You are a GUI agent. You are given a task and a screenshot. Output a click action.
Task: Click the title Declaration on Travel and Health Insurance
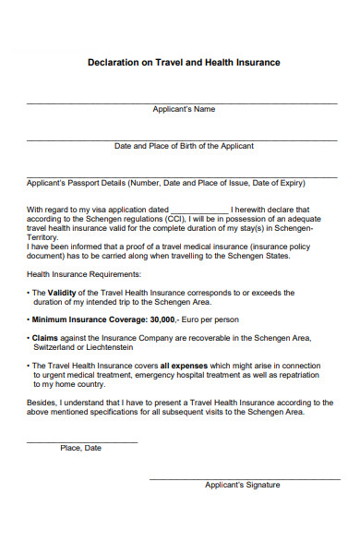(x=183, y=63)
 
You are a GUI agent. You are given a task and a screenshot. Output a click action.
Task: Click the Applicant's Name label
(x=184, y=109)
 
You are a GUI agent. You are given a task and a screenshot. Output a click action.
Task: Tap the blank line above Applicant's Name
(x=184, y=102)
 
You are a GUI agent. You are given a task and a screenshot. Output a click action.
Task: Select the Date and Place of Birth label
(x=184, y=146)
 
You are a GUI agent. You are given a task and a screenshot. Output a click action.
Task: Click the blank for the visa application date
(x=198, y=211)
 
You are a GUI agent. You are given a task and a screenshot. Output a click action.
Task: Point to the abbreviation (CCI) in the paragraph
(x=143, y=219)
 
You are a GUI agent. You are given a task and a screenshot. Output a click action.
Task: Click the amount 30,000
(x=162, y=319)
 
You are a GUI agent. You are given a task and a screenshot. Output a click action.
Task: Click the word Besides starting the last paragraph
(x=42, y=403)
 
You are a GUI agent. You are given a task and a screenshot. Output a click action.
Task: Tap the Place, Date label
(x=81, y=448)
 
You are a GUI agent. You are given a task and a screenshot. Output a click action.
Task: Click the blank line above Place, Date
(x=81, y=441)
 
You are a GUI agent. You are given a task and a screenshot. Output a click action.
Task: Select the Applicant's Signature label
(x=242, y=485)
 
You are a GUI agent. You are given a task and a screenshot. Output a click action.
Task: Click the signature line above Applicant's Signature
(x=244, y=478)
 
